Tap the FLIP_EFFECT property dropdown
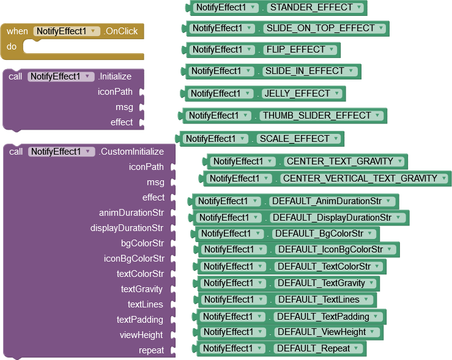334,50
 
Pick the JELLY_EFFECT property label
297,94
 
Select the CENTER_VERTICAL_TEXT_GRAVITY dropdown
449,178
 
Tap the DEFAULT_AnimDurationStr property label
327,201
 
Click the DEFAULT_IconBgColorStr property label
330,249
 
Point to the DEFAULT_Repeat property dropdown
358,348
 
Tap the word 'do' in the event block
12,46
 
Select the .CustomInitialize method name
131,152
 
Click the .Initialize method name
115,77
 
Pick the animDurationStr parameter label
131,213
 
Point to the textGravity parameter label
142,289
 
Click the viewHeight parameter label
141,335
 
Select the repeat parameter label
151,350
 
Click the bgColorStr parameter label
142,243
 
